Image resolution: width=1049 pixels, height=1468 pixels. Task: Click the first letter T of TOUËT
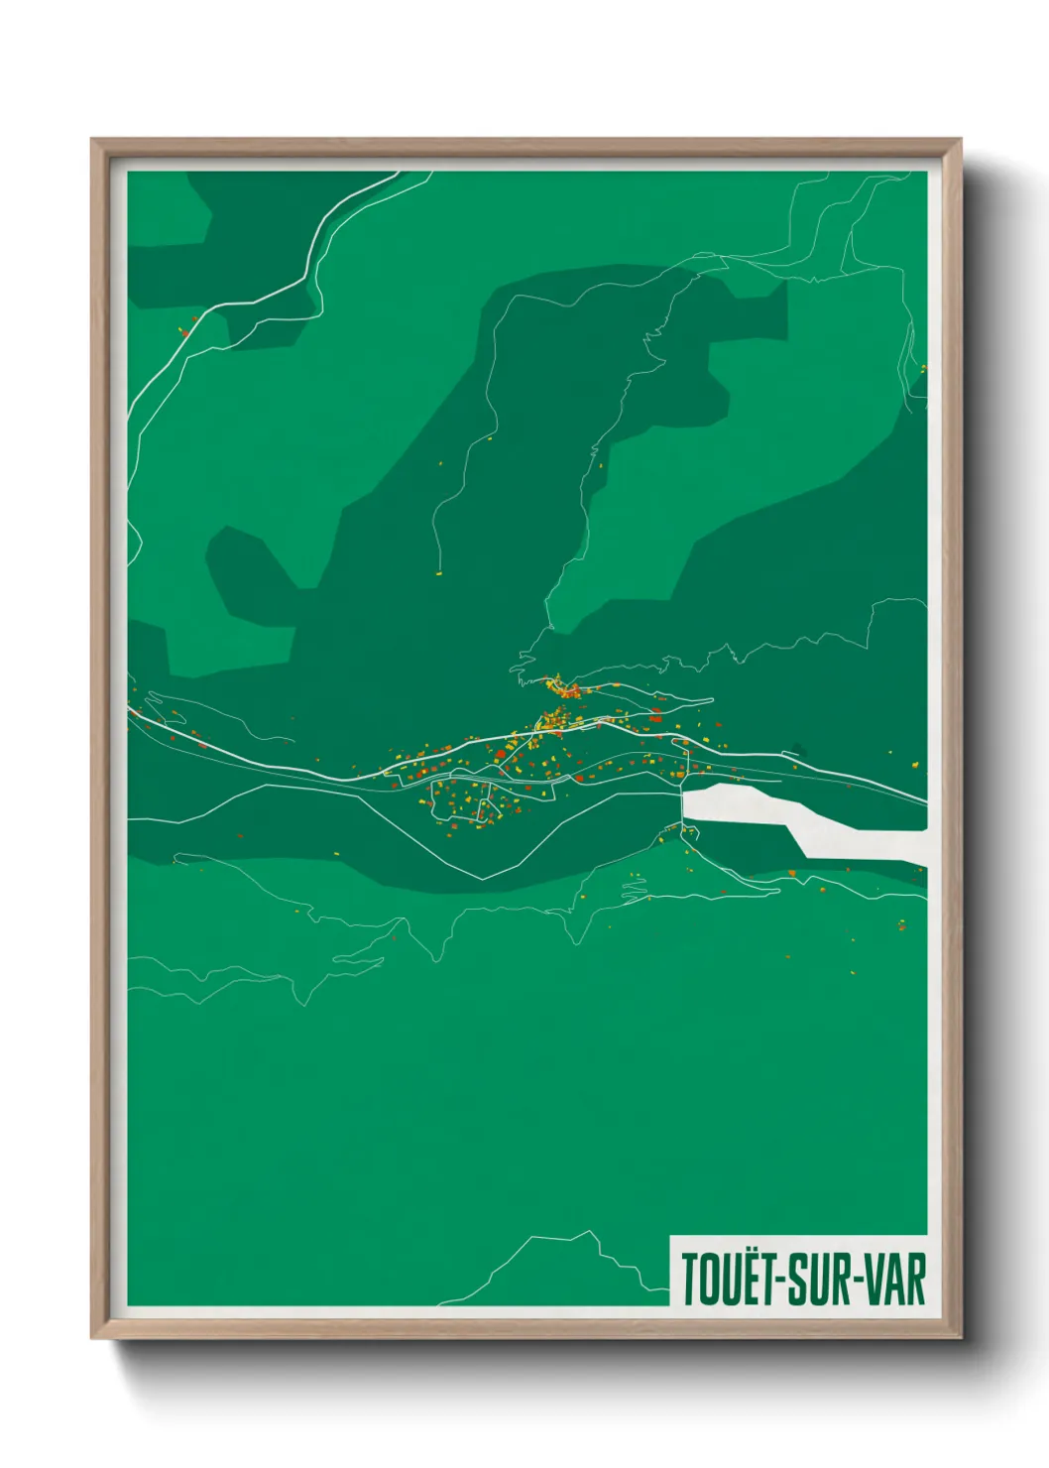(689, 1281)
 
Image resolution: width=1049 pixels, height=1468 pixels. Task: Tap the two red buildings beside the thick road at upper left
(183, 331)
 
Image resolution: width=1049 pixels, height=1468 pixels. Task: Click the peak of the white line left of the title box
(592, 1233)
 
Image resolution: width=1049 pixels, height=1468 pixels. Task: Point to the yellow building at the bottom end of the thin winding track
(437, 572)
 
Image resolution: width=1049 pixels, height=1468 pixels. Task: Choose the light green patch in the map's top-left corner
(169, 208)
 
